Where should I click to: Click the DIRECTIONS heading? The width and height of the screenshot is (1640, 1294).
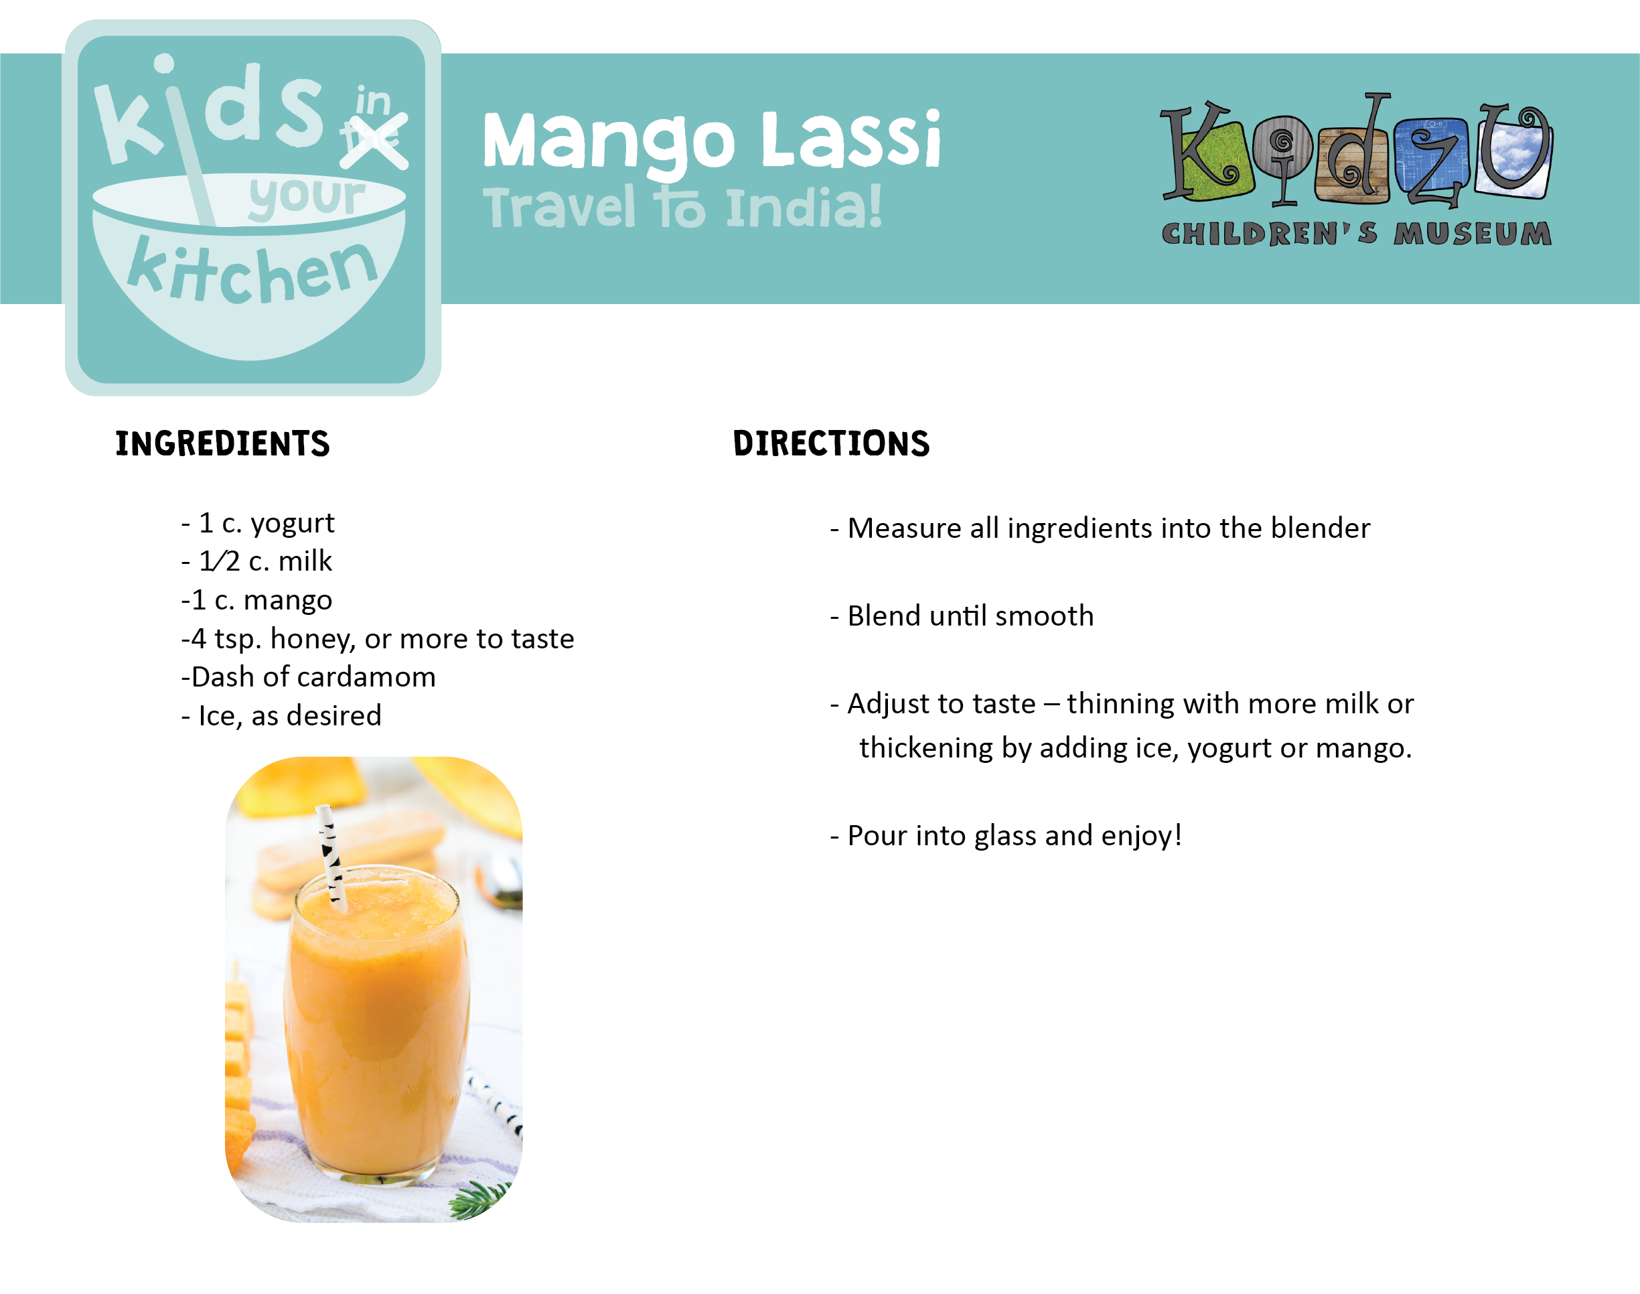[x=831, y=444]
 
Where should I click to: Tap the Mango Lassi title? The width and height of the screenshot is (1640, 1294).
[x=711, y=141]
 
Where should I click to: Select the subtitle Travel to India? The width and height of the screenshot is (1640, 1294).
[x=682, y=207]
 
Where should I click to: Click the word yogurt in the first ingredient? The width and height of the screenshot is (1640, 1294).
[x=293, y=524]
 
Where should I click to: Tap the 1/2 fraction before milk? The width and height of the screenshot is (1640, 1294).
[x=219, y=561]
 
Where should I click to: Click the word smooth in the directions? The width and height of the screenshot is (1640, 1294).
[x=1045, y=616]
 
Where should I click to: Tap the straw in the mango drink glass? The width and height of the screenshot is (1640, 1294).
[x=331, y=856]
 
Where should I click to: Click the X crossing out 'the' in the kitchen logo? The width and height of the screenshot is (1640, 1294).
[x=374, y=141]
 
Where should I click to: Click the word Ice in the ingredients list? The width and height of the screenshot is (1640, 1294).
[x=218, y=716]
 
